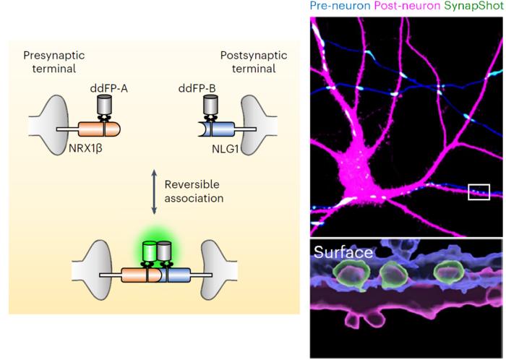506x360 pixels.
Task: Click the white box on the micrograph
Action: click(x=479, y=192)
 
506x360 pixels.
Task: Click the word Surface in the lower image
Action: click(x=343, y=253)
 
